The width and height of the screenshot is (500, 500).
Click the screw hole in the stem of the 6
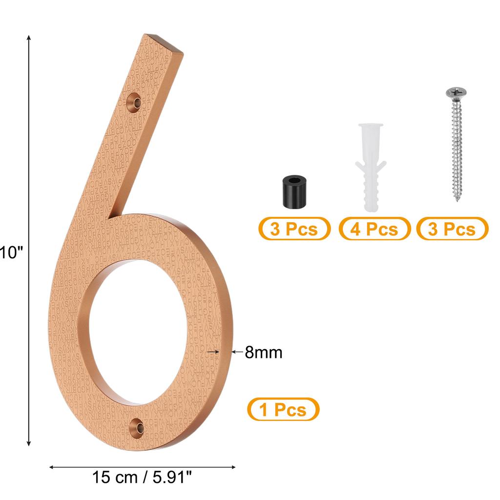pos(134,103)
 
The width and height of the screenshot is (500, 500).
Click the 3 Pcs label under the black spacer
pos(294,229)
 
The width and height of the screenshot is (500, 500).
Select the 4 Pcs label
pos(375,229)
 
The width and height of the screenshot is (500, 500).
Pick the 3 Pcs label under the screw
pos(452,229)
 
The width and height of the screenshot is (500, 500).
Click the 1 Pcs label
pos(283,409)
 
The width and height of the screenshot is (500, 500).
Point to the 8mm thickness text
pos(264,352)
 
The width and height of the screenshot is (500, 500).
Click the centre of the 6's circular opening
pos(139,333)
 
